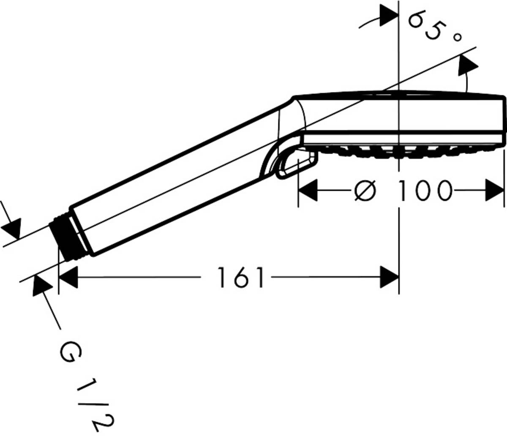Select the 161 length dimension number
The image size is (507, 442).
point(241,278)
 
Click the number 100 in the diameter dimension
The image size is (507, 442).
point(425,191)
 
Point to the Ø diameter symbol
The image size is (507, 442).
point(365,191)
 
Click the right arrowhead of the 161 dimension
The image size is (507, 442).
point(390,277)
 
